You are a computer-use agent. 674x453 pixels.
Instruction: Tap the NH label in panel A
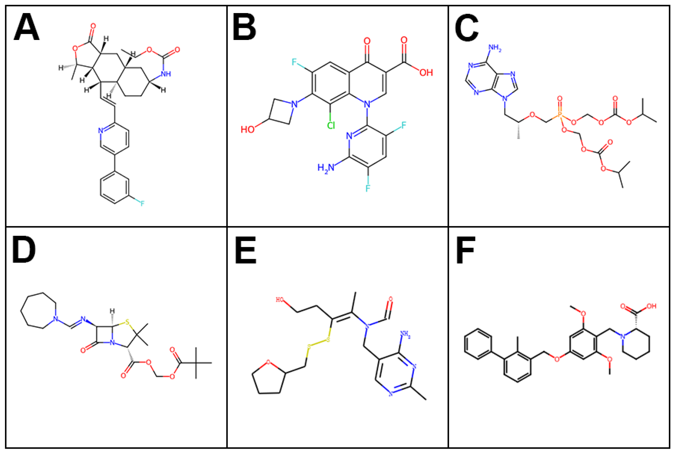point(166,74)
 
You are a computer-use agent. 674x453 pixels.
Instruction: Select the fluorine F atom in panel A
point(142,203)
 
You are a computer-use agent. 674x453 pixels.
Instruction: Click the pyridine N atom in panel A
point(100,131)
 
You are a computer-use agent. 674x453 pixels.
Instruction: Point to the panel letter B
point(244,28)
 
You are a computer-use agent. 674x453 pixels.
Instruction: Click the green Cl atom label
point(331,126)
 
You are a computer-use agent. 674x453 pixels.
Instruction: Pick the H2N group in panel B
point(326,168)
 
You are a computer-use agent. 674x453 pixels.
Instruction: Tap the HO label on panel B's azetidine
point(248,129)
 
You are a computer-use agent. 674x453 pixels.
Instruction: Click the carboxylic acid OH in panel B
point(426,73)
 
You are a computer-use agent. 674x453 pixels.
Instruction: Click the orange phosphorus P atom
point(560,115)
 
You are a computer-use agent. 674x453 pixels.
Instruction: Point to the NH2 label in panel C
point(495,48)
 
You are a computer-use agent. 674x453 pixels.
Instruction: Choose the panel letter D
point(24,250)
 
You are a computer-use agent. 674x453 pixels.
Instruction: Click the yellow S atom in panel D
point(127,323)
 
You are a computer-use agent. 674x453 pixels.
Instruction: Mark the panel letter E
point(245,251)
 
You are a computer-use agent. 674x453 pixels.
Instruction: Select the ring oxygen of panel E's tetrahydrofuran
point(268,362)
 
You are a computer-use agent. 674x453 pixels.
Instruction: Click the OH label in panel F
point(651,306)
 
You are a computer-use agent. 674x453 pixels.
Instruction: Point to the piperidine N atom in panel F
point(623,336)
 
